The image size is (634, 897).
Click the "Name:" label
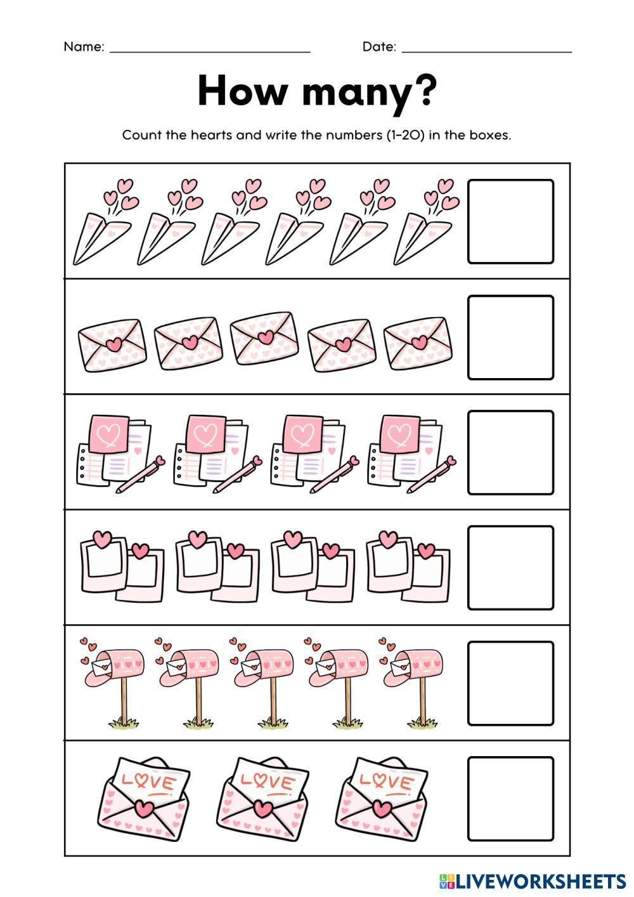(84, 47)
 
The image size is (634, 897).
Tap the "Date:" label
(379, 47)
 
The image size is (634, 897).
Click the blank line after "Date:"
(487, 52)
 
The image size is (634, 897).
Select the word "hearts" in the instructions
(212, 135)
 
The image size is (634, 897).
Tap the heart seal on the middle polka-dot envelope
(266, 337)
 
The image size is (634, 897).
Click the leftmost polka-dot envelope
(112, 345)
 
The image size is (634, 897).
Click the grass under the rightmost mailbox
(422, 722)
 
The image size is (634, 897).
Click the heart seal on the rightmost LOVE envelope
(383, 808)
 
